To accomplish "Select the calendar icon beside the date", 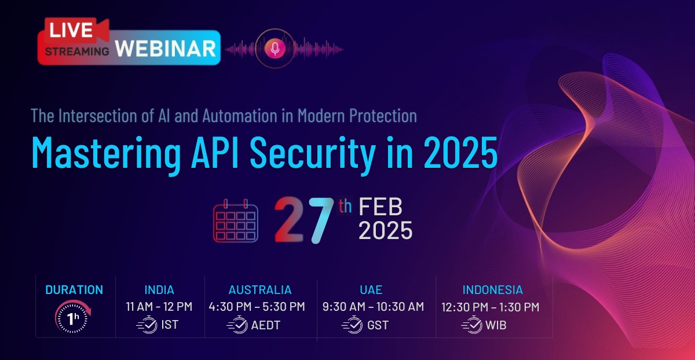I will click(235, 221).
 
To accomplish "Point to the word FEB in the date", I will click(381, 208).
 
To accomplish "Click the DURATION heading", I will click(74, 290).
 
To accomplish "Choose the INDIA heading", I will click(159, 290).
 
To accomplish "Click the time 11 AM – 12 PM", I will click(159, 307).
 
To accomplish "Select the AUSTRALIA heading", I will click(260, 290).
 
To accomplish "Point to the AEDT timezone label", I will click(265, 325).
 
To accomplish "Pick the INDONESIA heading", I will click(492, 290).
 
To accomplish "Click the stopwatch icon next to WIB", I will click(472, 325).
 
